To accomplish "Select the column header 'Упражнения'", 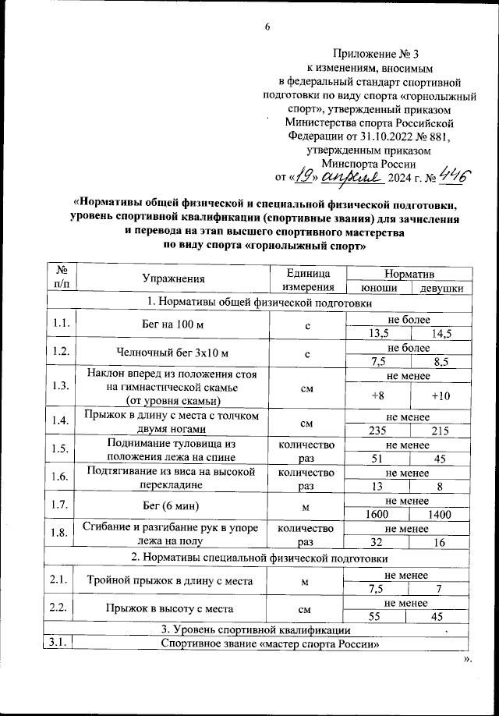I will coord(173,278).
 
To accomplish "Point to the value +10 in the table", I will coord(441,395).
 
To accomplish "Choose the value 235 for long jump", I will coord(380,430).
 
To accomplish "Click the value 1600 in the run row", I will coord(380,514).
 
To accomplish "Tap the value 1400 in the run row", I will coord(441,514).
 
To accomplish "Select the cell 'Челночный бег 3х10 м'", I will coord(173,352).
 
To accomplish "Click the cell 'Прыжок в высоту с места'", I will coord(173,608).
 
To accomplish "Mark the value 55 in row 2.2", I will coord(380,616).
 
